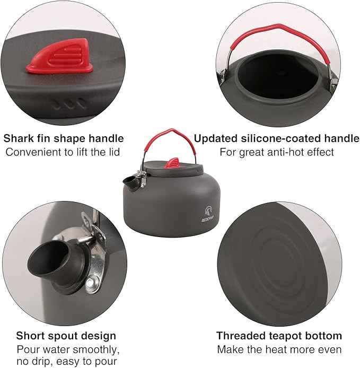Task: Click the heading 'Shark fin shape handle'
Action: (x=64, y=138)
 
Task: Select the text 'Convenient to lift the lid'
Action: (x=64, y=152)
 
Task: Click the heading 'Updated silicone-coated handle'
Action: (x=276, y=138)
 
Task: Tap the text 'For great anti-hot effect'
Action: (x=276, y=152)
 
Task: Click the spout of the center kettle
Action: (x=130, y=182)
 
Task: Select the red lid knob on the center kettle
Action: (x=172, y=162)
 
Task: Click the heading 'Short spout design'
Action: (x=66, y=336)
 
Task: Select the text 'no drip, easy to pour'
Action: (x=67, y=362)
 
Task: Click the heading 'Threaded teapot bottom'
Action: (x=279, y=336)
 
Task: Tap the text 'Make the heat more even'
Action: (x=279, y=349)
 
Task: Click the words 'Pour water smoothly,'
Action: (x=68, y=349)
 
